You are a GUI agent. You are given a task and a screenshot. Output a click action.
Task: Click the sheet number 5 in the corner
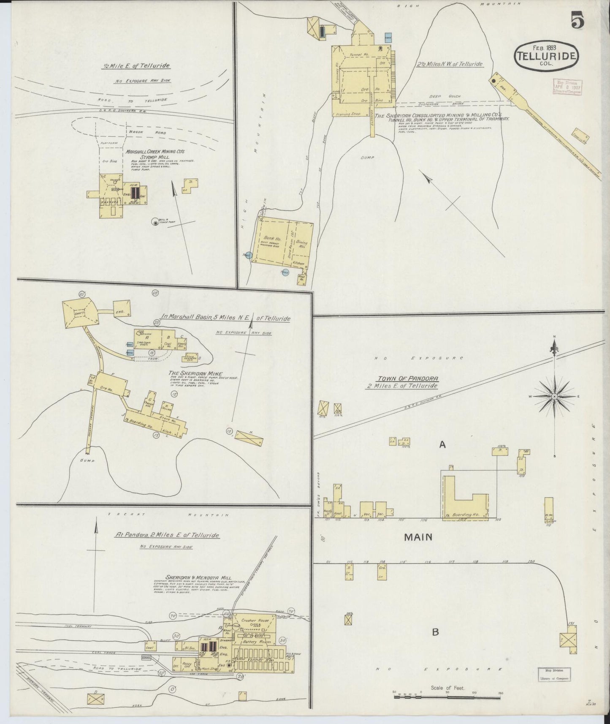577,20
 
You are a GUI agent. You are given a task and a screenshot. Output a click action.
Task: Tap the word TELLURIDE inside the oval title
546,56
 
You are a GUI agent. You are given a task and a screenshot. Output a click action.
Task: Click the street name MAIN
418,537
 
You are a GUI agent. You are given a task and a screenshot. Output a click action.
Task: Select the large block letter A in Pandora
442,444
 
